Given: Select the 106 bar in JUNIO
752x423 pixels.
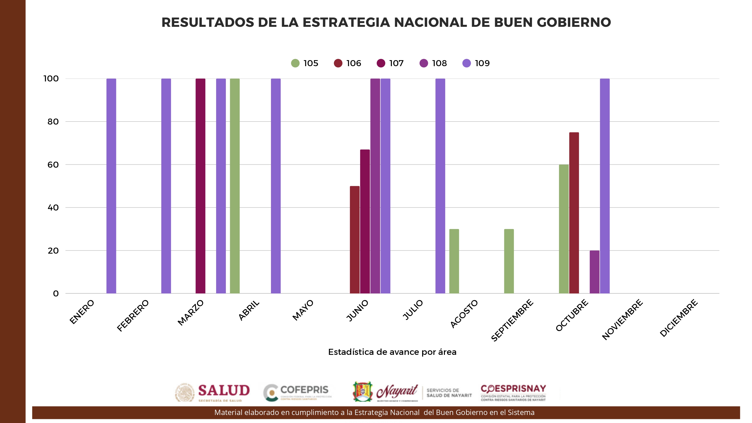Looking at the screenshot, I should coord(355,239).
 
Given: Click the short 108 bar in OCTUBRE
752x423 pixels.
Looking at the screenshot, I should coord(594,272).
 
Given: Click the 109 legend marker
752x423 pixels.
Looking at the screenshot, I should coord(466,63).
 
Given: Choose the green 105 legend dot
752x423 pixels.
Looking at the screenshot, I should coord(295,63).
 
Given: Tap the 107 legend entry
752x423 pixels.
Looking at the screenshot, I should coord(390,63).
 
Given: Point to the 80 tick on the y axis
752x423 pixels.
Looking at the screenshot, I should coord(53,122).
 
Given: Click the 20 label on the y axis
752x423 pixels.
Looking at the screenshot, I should coord(53,251).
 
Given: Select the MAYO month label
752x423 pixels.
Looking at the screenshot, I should coord(303,310).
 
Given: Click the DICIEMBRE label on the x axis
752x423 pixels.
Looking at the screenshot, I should coord(679,318).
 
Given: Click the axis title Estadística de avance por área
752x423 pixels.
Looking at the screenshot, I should coord(392,352).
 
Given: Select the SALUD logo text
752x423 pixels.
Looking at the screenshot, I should coord(224,391).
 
